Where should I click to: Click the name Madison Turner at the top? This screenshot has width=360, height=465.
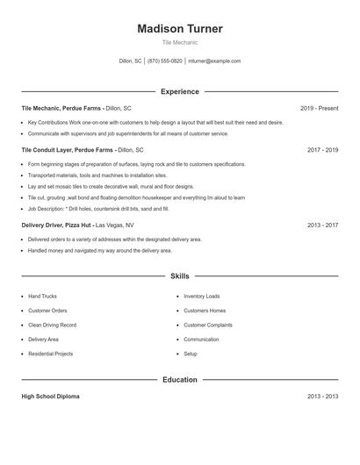[x=179, y=28]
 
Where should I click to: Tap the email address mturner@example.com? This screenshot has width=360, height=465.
[x=214, y=61]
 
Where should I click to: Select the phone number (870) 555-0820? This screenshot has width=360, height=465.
[x=165, y=61]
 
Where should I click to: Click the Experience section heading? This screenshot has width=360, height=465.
[x=179, y=91]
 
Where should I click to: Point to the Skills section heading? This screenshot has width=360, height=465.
[x=179, y=275]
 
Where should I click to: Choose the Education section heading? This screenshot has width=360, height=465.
[x=179, y=380]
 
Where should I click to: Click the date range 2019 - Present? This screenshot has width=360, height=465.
[x=319, y=108]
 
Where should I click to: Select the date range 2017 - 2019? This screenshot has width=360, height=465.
[x=322, y=150]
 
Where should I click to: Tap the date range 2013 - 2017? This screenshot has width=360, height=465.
[x=322, y=225]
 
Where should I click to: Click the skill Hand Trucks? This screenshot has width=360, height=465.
[x=42, y=297]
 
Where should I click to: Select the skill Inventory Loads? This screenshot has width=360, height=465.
[x=202, y=297]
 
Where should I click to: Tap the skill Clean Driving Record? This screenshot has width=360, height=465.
[x=53, y=325]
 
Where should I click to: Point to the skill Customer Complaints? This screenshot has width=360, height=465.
[x=208, y=325]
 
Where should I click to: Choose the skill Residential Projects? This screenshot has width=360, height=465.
[x=50, y=354]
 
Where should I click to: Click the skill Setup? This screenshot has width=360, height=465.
[x=191, y=354]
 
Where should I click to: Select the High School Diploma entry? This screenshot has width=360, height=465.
[x=50, y=397]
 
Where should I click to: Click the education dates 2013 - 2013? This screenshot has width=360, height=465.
[x=322, y=397]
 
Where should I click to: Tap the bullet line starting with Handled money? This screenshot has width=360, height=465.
[x=99, y=250]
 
